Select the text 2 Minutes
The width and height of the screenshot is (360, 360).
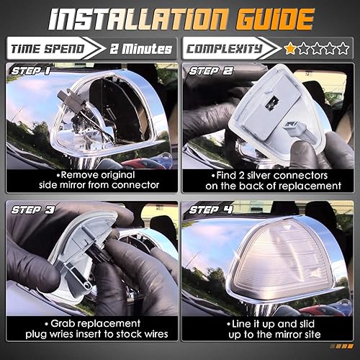point(142,49)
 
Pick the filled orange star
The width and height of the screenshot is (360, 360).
point(290,49)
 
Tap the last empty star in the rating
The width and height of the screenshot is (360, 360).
point(343,49)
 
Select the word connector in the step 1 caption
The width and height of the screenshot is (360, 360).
point(138,187)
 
